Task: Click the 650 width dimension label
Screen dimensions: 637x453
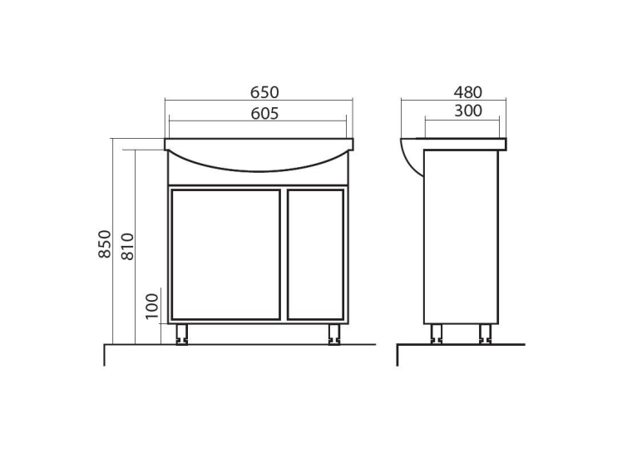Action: (x=264, y=92)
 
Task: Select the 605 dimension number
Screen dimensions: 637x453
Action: (x=264, y=114)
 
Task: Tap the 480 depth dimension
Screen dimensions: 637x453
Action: (x=468, y=92)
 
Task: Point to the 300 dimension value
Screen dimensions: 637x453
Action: (x=468, y=111)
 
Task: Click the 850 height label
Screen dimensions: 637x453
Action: (x=105, y=244)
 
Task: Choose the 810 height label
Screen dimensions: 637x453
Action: (x=127, y=247)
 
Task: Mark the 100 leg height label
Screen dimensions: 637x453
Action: (x=152, y=306)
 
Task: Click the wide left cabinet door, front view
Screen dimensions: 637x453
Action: (x=226, y=254)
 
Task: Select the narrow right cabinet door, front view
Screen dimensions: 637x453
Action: (x=316, y=254)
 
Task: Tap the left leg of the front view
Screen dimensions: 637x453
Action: (x=181, y=334)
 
